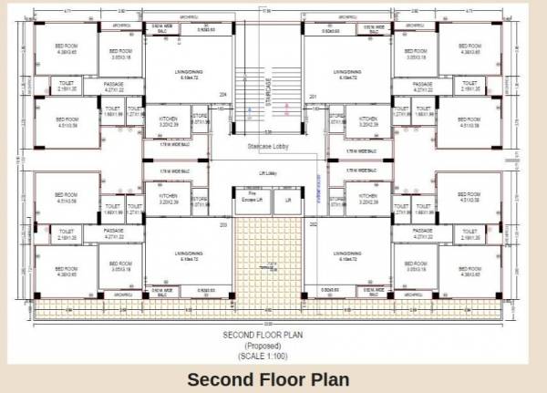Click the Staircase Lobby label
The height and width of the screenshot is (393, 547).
click(x=268, y=146)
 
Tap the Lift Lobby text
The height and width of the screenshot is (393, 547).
click(x=268, y=172)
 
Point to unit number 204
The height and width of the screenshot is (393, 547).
click(x=222, y=93)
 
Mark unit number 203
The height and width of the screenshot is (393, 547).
click(x=222, y=223)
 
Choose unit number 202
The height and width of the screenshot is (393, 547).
click(x=313, y=223)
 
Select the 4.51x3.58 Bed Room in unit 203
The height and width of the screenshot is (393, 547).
click(x=67, y=197)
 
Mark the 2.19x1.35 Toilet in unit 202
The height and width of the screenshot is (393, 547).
click(x=471, y=234)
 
